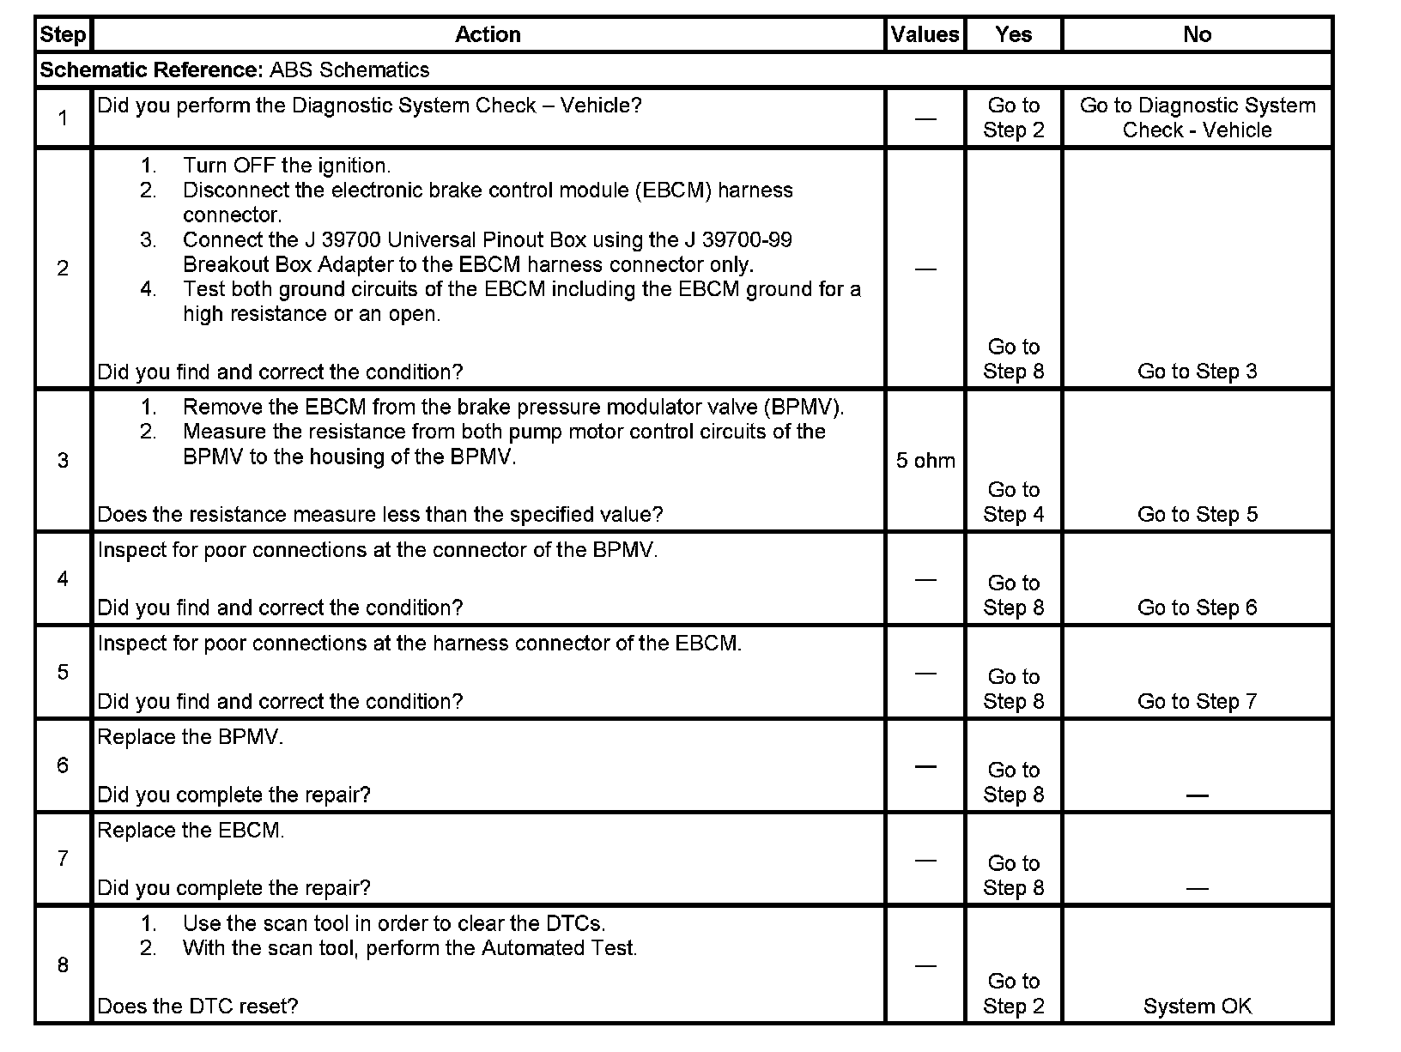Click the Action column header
[x=488, y=34]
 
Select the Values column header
[x=925, y=34]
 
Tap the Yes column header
[x=1013, y=34]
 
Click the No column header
[x=1197, y=34]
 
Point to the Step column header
[x=63, y=34]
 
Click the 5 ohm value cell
[x=925, y=461]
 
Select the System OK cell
[x=1197, y=1007]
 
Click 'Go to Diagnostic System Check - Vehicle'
[x=1197, y=118]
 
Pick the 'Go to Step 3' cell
[x=1197, y=372]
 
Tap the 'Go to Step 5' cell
[x=1197, y=514]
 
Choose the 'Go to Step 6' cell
[x=1197, y=608]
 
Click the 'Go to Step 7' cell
[x=1197, y=701]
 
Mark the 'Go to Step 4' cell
[x=1013, y=502]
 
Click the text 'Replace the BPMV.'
[x=190, y=737]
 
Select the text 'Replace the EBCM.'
[x=191, y=831]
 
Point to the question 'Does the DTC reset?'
[x=197, y=1007]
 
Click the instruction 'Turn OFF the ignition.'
[x=286, y=166]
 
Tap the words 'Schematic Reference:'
[x=150, y=70]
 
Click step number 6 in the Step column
[x=63, y=765]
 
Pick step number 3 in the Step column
[x=63, y=461]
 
